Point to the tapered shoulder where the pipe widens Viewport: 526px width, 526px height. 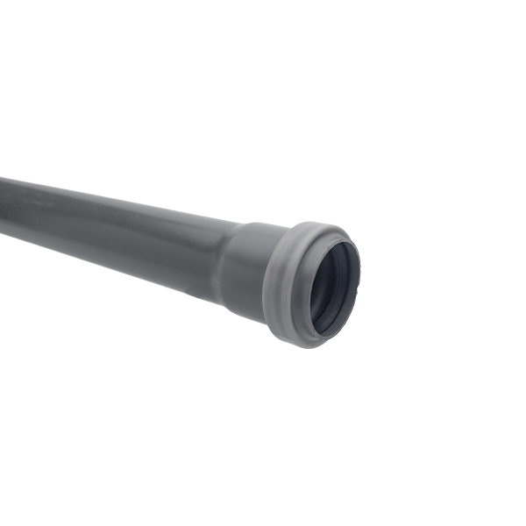[225, 263]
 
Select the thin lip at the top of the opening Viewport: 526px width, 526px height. [338, 234]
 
